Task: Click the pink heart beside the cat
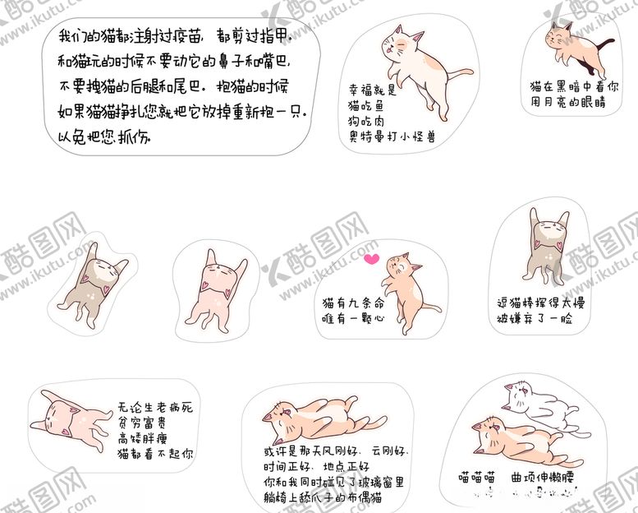(x=371, y=260)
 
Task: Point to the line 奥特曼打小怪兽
(x=391, y=136)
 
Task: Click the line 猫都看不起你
(x=155, y=453)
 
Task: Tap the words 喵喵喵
(x=477, y=476)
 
